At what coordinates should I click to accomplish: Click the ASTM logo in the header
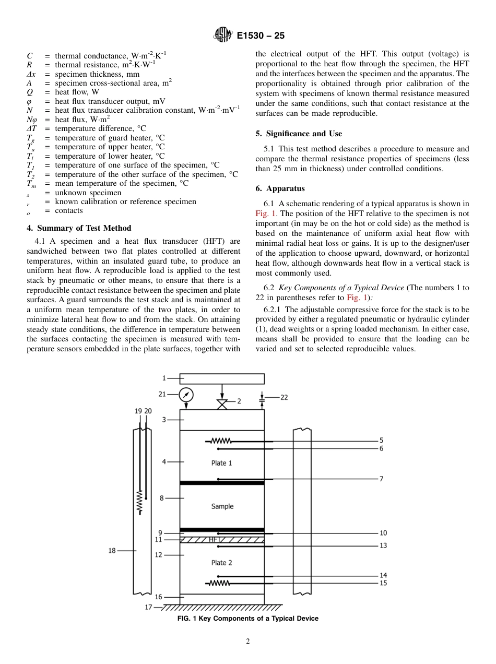click(222, 36)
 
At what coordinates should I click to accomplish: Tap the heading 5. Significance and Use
click(299, 134)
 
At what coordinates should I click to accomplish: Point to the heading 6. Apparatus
click(286, 188)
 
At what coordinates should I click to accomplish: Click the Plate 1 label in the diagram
click(221, 463)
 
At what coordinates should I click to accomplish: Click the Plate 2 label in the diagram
click(221, 563)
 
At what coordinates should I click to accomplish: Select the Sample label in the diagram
click(222, 506)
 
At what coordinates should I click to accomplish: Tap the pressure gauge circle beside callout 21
click(186, 395)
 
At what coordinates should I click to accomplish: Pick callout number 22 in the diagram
click(284, 397)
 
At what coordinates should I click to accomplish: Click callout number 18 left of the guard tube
click(112, 550)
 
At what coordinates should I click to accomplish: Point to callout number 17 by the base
click(149, 608)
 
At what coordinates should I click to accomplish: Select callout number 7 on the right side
click(381, 479)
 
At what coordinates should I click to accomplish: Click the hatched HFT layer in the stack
click(222, 540)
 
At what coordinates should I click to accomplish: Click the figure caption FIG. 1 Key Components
click(248, 619)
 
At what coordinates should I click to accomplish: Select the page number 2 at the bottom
click(248, 642)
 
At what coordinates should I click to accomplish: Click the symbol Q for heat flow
click(29, 92)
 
